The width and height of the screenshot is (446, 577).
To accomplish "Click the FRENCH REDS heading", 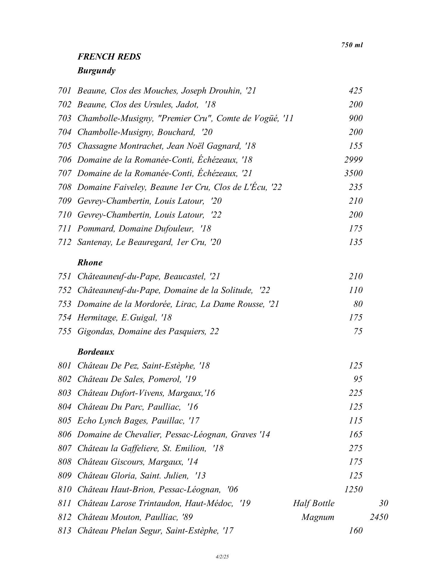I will coord(109,57).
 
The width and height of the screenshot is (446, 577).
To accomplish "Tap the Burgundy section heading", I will coord(96,71).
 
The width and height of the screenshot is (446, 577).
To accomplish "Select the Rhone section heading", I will coord(90,263).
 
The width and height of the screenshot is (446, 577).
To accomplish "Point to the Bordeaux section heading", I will coord(96,352).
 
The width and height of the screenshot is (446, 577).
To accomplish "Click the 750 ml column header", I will coord(352,45).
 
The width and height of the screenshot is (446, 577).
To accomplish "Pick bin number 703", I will coord(65,118).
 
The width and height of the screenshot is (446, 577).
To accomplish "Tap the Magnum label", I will coord(318,517).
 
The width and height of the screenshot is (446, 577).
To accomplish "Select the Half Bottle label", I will coord(313,503).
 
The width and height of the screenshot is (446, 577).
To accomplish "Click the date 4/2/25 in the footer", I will coord(222,557).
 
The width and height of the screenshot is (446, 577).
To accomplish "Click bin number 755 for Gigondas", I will coord(65,331).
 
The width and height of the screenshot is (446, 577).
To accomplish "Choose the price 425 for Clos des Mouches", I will coord(356,91).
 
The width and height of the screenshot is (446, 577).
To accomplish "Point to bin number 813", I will coord(65,531).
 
